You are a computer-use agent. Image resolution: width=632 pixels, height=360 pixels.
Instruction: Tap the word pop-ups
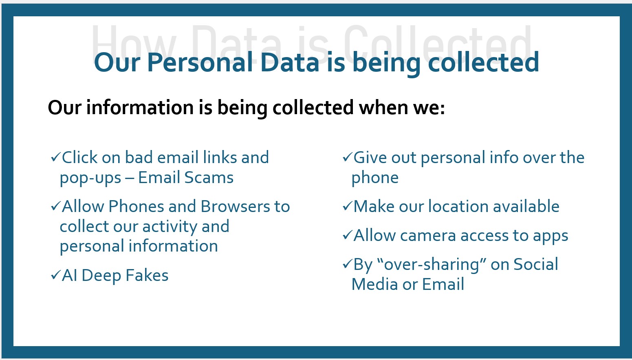90,179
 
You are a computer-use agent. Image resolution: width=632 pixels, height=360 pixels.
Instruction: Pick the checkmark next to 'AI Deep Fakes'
55,276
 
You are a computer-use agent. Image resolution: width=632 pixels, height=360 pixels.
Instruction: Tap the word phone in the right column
375,178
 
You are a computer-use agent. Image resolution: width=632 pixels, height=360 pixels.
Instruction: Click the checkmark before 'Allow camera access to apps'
347,235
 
